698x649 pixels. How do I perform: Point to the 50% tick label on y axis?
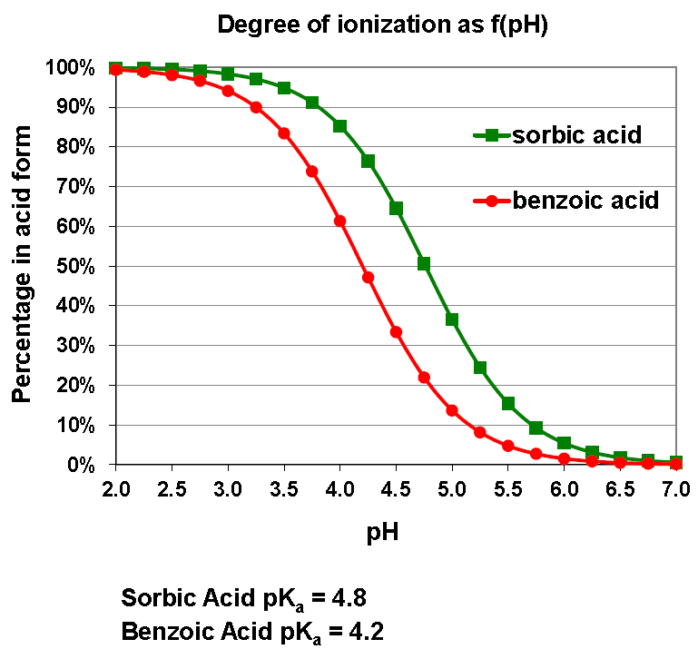[71, 266]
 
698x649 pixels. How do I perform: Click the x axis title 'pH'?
[382, 533]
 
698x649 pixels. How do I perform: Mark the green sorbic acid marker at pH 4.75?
[424, 264]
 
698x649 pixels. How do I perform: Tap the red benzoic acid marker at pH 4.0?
[340, 221]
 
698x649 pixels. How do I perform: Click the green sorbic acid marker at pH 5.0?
[452, 320]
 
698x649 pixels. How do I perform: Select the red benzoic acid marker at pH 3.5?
[284, 133]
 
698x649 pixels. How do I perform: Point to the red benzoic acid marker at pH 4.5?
[396, 331]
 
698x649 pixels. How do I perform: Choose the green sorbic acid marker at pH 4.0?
[340, 126]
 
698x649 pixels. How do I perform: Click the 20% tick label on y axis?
[71, 385]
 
